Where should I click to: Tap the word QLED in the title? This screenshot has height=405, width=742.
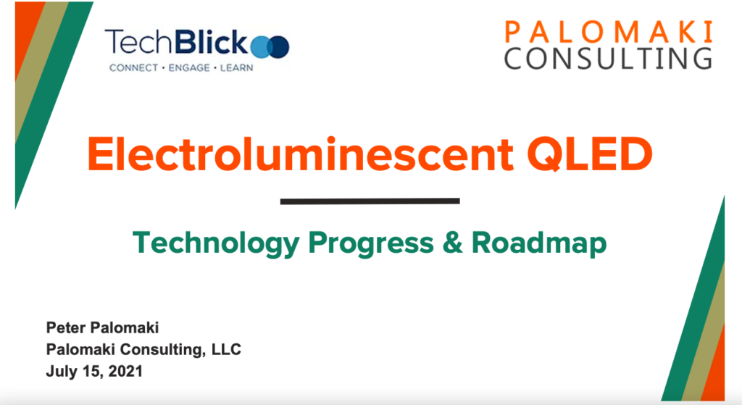[x=590, y=154]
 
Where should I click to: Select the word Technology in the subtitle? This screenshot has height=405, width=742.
[x=216, y=244]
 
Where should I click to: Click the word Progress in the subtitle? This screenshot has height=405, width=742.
[x=371, y=244]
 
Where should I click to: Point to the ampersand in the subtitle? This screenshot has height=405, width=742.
[x=452, y=242]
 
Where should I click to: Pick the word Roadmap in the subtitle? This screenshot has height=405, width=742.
[x=539, y=244]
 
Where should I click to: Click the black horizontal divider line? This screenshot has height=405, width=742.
[x=370, y=201]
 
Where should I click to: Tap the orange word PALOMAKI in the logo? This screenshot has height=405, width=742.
[x=609, y=32]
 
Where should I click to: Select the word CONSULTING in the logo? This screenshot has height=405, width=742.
[x=608, y=58]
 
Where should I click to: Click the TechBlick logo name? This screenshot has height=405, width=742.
[x=177, y=41]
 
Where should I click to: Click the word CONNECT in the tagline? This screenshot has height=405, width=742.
[x=133, y=67]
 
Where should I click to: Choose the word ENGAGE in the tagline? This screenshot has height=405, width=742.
[x=189, y=67]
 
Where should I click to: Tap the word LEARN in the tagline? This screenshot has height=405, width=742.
[x=236, y=67]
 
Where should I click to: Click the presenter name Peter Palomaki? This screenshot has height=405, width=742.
[x=102, y=327]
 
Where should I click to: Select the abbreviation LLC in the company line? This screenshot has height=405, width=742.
[x=226, y=349]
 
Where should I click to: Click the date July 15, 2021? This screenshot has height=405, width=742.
[x=94, y=371]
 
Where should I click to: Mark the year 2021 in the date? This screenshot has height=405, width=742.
[x=125, y=371]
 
